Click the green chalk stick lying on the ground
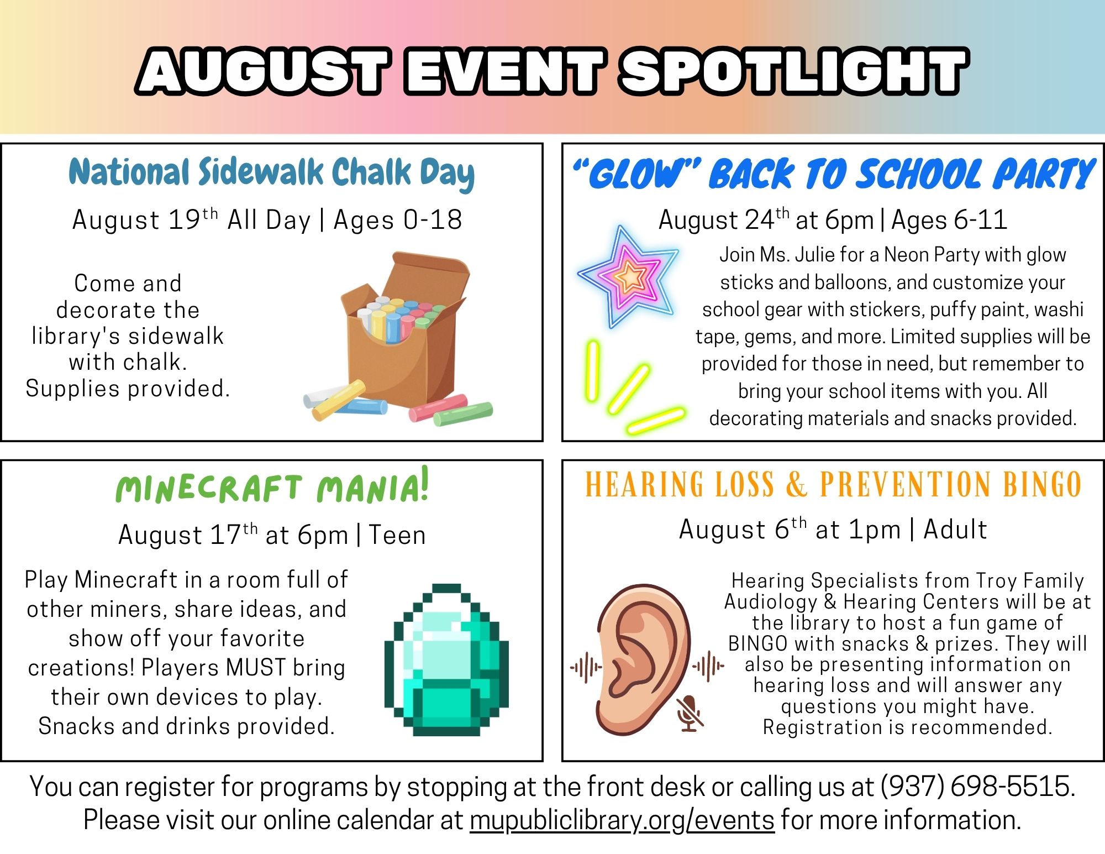(463, 413)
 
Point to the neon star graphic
(628, 276)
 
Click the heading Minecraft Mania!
(272, 486)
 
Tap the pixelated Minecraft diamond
(446, 659)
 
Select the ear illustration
(644, 658)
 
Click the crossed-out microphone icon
(690, 713)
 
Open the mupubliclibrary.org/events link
(622, 820)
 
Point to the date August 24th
(724, 219)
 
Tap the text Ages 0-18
(398, 220)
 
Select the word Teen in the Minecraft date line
(397, 535)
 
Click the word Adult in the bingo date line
(955, 529)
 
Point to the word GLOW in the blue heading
(636, 174)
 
